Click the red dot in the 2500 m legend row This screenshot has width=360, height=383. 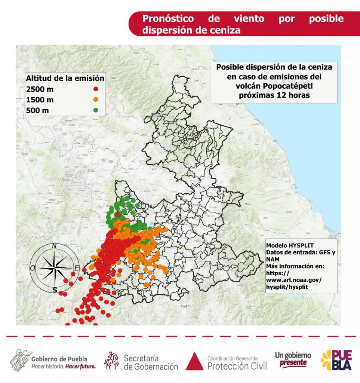pyautogui.click(x=96, y=89)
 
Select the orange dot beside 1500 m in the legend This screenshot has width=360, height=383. pyautogui.click(x=96, y=99)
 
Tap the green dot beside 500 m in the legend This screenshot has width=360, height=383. pyautogui.click(x=96, y=110)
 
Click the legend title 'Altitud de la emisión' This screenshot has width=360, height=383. pyautogui.click(x=65, y=78)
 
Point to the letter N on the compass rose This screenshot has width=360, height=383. pyautogui.click(x=54, y=246)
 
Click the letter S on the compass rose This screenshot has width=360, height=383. pyautogui.click(x=55, y=290)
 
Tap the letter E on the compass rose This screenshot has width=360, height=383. pyautogui.click(x=76, y=268)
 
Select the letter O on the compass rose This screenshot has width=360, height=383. pyautogui.click(x=33, y=268)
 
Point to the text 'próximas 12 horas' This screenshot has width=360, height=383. pyautogui.click(x=274, y=95)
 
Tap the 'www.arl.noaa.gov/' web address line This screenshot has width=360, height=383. pyautogui.click(x=294, y=280)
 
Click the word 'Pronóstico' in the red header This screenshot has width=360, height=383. pyautogui.click(x=168, y=19)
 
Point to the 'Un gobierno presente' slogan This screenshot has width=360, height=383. pyautogui.click(x=293, y=359)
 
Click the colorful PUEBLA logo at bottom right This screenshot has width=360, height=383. pyautogui.click(x=336, y=360)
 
